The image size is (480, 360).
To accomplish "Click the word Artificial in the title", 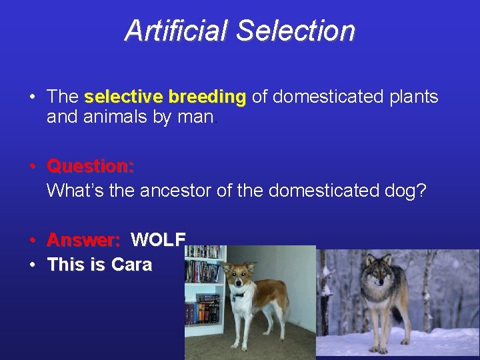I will [176, 31].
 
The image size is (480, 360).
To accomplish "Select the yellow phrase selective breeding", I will [165, 97].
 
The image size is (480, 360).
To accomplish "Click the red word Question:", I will [91, 165].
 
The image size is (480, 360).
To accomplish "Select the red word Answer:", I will [84, 239].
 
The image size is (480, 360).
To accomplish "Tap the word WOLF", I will [159, 239].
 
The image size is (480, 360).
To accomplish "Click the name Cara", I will [131, 265].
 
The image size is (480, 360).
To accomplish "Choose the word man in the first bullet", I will [201, 118].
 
